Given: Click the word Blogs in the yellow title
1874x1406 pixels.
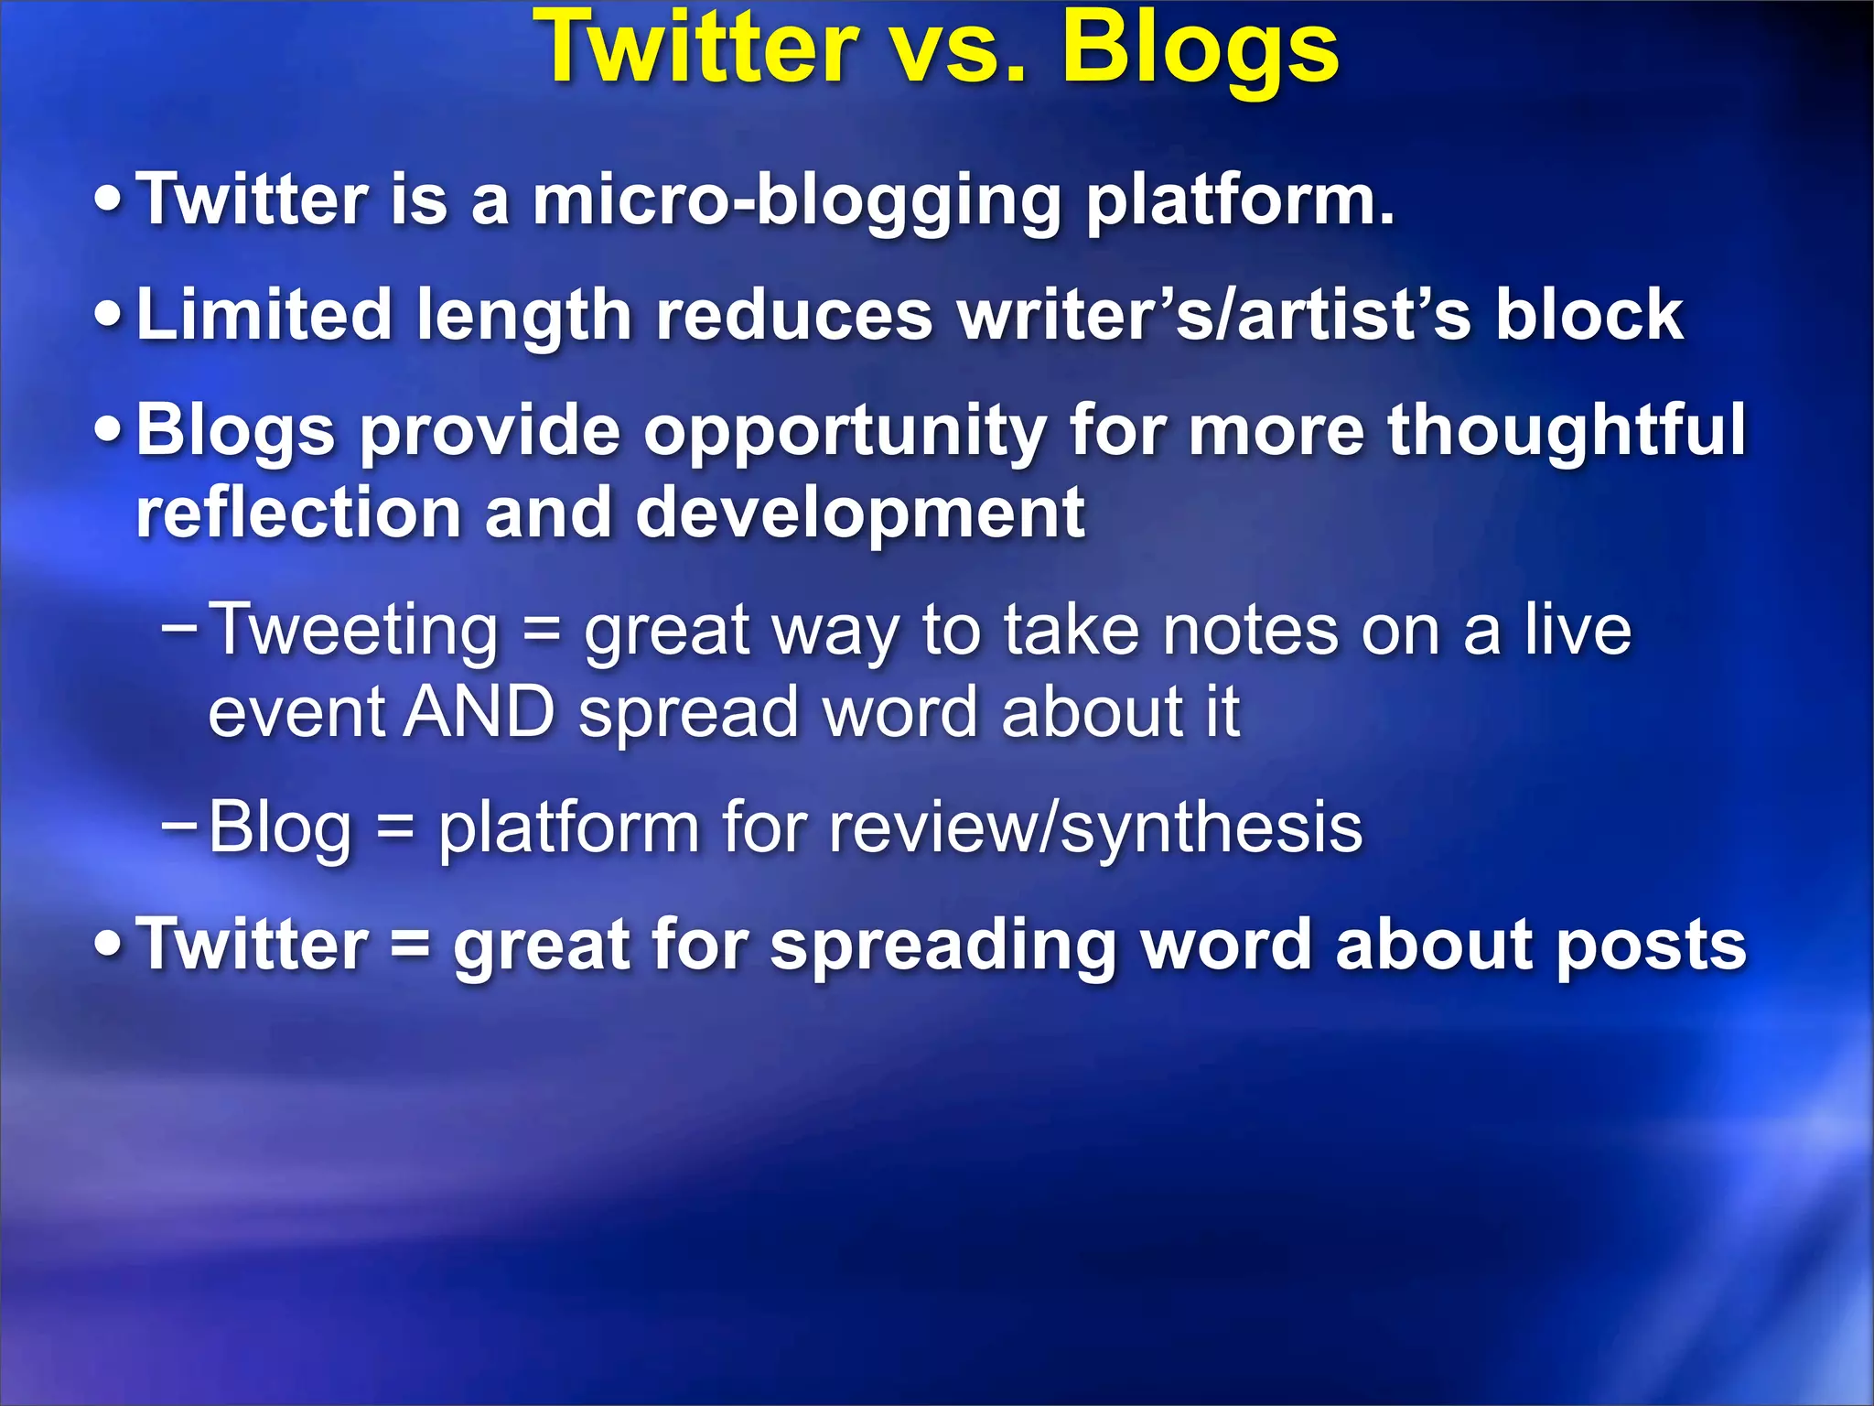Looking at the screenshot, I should point(1200,50).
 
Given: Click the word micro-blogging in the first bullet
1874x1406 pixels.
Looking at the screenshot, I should point(796,201).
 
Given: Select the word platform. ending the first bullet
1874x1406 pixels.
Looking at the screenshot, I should point(1240,201).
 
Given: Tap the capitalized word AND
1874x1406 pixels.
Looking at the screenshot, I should point(479,711).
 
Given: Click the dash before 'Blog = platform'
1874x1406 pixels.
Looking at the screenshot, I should point(178,823).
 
